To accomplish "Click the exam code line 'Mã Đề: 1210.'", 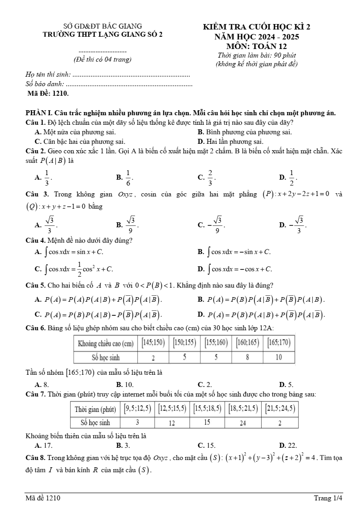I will [48, 93].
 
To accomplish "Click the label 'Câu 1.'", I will [34, 122].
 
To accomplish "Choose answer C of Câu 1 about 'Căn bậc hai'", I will [80, 142].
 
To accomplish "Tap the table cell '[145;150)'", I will [153, 343].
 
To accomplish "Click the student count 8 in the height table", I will [247, 357].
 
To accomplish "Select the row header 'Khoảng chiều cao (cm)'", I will [106, 343].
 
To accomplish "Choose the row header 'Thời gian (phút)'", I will [95, 409].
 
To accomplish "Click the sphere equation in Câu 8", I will [257, 457].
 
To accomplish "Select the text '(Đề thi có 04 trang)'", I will [102, 59].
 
